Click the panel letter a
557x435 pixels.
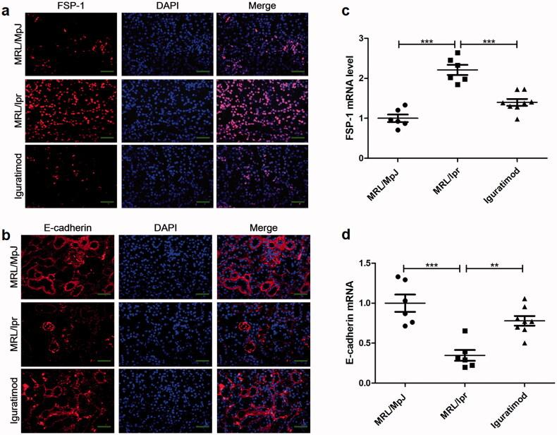click(6, 6)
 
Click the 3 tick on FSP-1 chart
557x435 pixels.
click(380, 38)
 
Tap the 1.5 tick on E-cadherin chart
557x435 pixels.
click(374, 263)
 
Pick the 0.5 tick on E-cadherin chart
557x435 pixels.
click(374, 343)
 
